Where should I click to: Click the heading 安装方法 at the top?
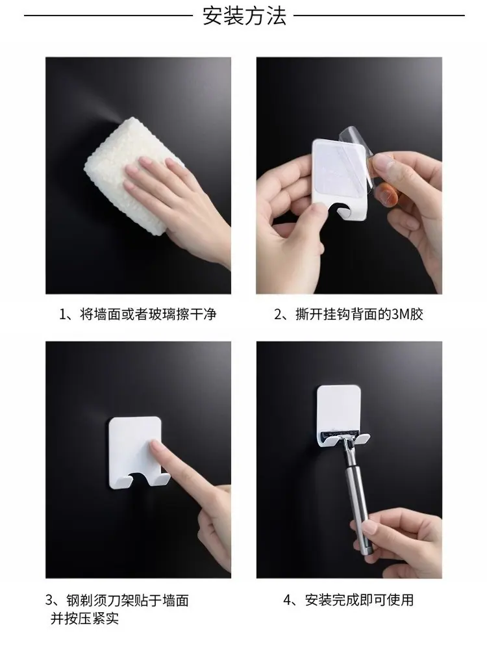pyautogui.click(x=244, y=16)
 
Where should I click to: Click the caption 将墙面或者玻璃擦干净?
pyautogui.click(x=148, y=314)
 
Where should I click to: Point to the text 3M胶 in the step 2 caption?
pyautogui.click(x=407, y=314)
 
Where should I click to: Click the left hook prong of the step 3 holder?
pyautogui.click(x=126, y=481)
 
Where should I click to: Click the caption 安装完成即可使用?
pyautogui.click(x=359, y=600)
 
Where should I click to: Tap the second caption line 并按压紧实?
pyautogui.click(x=84, y=618)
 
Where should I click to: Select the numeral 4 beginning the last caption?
pyautogui.click(x=288, y=600)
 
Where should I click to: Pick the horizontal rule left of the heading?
pyautogui.click(x=108, y=16)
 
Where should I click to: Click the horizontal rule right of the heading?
pyautogui.click(x=379, y=16)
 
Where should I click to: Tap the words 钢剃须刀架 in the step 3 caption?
pyautogui.click(x=100, y=600)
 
